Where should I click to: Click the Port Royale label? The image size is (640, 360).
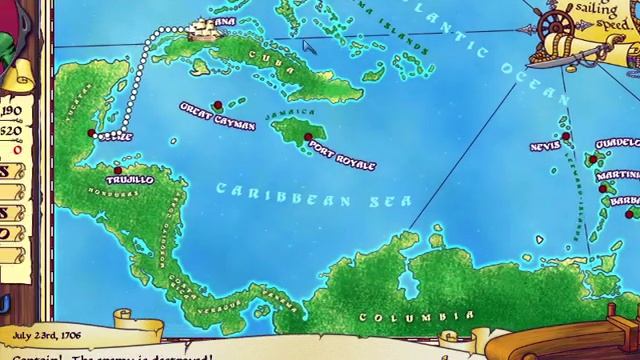tap(342, 155)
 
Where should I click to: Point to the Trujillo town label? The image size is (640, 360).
tap(130, 180)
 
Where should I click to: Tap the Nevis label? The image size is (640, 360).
tap(545, 147)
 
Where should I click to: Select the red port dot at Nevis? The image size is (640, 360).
tap(565, 136)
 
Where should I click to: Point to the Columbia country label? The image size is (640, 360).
tap(402, 318)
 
